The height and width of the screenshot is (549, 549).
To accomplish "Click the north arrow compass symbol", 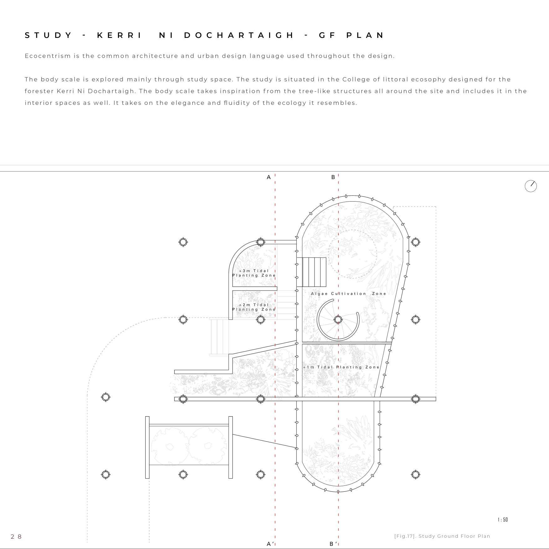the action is pyautogui.click(x=531, y=186).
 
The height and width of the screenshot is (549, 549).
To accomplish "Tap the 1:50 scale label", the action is pyautogui.click(x=503, y=520).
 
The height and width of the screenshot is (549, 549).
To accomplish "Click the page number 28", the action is pyautogui.click(x=16, y=536).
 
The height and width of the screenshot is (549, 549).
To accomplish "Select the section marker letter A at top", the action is pyautogui.click(x=269, y=177).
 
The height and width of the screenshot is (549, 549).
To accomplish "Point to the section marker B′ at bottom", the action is pyautogui.click(x=334, y=544).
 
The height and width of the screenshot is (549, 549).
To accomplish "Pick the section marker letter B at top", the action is pyautogui.click(x=333, y=177).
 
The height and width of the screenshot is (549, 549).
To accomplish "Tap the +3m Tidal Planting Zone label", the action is pyautogui.click(x=254, y=273).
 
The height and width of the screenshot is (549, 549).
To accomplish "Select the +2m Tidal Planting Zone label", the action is pyautogui.click(x=254, y=307).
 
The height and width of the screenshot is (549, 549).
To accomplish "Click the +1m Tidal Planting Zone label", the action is pyautogui.click(x=341, y=367).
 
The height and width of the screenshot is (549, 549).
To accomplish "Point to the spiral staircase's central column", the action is pyautogui.click(x=338, y=320).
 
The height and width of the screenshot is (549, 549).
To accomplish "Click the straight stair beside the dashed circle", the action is pyautogui.click(x=311, y=272).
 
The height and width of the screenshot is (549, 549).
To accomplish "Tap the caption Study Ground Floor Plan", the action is pyautogui.click(x=454, y=536).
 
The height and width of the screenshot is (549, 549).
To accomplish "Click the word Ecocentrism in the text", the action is pyautogui.click(x=48, y=56).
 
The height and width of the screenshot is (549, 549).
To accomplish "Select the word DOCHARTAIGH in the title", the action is pyautogui.click(x=239, y=35).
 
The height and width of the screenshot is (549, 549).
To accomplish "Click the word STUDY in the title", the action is pyautogui.click(x=49, y=35).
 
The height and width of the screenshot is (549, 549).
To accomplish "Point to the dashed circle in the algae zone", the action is pyautogui.click(x=352, y=254).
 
